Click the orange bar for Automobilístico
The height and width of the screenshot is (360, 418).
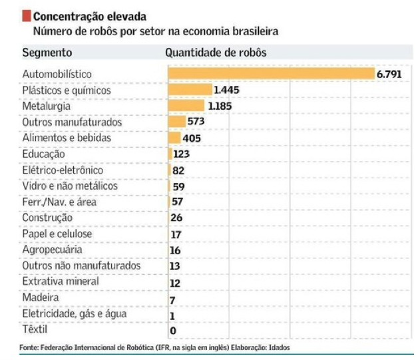click(x=271, y=74)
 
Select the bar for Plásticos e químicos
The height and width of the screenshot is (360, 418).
click(x=190, y=90)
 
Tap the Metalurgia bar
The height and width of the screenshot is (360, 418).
click(x=186, y=106)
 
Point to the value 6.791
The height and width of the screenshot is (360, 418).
click(x=389, y=75)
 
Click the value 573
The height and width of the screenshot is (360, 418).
click(x=196, y=122)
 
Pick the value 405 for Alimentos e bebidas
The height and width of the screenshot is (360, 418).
click(x=191, y=138)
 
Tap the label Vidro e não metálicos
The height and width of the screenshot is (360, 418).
click(x=70, y=186)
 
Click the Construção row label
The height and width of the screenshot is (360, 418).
click(x=47, y=218)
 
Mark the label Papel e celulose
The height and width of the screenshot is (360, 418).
click(x=57, y=234)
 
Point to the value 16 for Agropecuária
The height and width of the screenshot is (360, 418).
click(x=176, y=251)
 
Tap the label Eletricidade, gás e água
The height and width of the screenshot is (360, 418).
click(x=75, y=313)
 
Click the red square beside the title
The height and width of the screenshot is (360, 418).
click(x=26, y=15)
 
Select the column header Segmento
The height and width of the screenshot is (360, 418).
click(x=47, y=53)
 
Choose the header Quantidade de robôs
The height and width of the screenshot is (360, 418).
click(x=216, y=53)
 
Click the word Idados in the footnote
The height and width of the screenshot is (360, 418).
click(x=280, y=348)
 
